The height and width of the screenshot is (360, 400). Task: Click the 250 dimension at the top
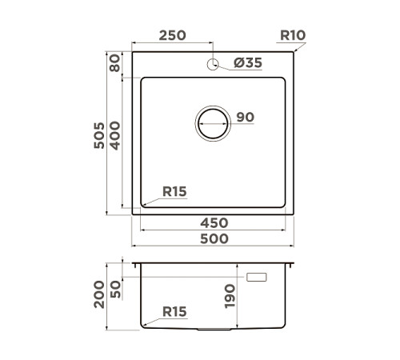point(172,34)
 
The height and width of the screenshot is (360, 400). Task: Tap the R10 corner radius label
point(294,34)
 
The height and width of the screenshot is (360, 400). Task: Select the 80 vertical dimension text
point(117,63)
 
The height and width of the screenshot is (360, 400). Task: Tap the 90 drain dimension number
point(245,118)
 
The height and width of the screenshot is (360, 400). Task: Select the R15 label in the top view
point(174,191)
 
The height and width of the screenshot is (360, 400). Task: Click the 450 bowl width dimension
point(214,222)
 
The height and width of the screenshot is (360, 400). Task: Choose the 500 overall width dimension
point(214,238)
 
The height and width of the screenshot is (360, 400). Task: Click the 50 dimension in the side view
point(117,289)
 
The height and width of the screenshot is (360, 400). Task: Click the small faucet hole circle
point(213,64)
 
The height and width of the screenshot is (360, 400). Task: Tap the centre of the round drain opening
point(213,126)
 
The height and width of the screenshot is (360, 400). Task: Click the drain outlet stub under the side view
point(213,330)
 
